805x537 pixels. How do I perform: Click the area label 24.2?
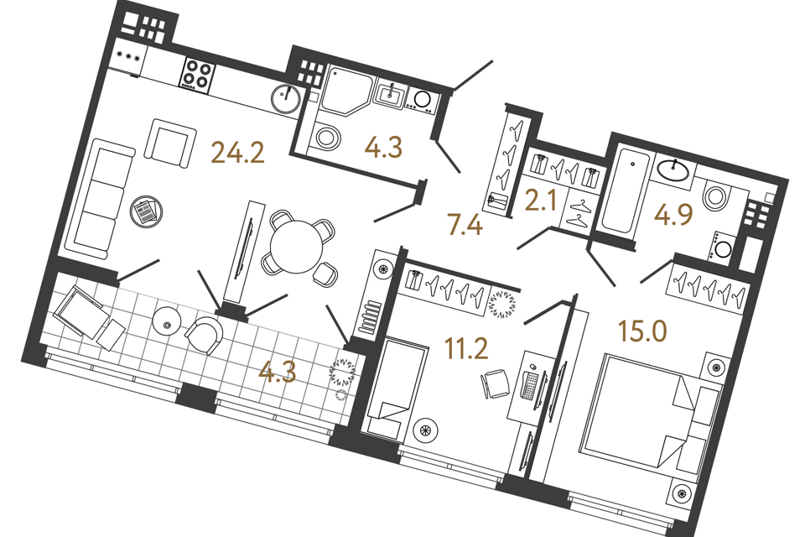[238, 154]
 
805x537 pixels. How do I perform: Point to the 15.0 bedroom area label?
[643, 330]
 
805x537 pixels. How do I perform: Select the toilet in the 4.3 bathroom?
[325, 136]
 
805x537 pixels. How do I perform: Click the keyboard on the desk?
[530, 385]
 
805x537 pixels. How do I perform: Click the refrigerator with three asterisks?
[129, 58]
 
